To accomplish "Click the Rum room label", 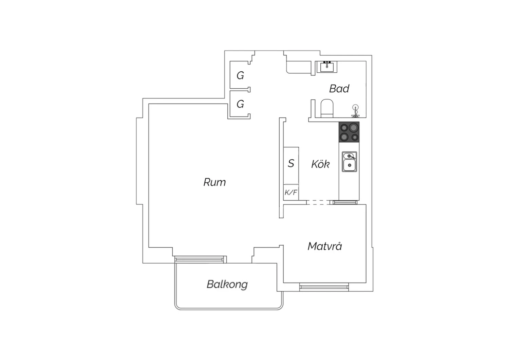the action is (214, 182).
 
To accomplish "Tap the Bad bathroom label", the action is (339, 89).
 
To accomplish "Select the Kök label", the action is (320, 164).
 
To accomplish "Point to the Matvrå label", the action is (325, 246).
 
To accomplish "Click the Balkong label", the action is (227, 285).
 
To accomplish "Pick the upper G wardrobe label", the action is (240, 75).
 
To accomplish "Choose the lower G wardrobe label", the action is (240, 104).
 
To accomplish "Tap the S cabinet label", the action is (291, 163).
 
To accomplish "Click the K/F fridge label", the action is (291, 193).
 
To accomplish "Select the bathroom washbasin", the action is (327, 67).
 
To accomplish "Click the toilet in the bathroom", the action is (327, 108).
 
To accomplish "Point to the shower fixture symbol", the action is (355, 111).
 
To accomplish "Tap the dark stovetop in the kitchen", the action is (349, 132).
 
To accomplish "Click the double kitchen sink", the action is (350, 162).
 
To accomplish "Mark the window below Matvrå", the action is (324, 287).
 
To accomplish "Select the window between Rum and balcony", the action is (199, 259).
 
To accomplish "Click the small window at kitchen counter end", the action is (345, 202).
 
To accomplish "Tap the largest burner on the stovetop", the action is (353, 128).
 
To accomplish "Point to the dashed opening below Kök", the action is (318, 202).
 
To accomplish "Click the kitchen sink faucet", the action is (351, 157).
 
